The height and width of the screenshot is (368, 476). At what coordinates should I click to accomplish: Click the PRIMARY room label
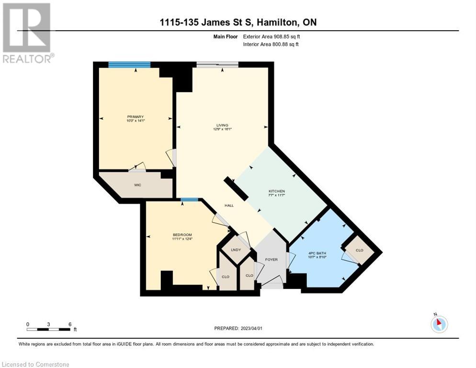136,117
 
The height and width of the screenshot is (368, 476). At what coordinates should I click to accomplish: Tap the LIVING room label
222,125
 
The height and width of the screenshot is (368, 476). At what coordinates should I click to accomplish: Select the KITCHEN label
276,191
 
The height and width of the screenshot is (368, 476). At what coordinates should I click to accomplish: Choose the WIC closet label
137,184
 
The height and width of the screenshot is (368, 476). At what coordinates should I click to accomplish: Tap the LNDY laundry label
235,250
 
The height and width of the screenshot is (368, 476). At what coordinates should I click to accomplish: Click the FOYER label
271,259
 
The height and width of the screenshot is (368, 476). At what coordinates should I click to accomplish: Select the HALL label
229,205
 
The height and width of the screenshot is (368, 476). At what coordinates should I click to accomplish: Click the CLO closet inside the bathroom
360,250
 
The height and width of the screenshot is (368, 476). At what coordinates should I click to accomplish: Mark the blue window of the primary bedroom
129,65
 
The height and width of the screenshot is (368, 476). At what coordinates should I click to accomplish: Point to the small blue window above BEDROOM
190,200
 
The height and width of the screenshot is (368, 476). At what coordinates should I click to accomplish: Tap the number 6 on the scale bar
70,324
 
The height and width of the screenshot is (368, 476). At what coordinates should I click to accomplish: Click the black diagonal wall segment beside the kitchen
236,188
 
